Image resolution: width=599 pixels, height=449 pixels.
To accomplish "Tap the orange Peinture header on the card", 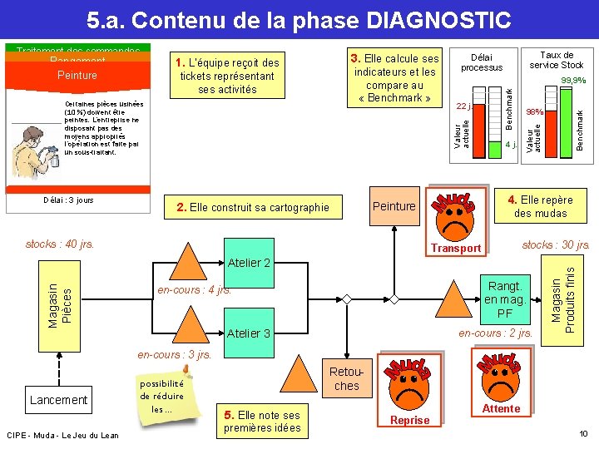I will (x=77, y=75).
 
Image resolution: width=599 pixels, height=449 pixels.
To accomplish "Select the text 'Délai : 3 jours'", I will (x=68, y=200).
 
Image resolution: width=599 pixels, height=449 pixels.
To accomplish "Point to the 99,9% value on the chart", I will (x=573, y=81).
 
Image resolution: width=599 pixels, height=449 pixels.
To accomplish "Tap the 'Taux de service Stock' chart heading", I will (x=557, y=60).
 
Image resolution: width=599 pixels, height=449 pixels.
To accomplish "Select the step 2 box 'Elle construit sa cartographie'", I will (x=253, y=207).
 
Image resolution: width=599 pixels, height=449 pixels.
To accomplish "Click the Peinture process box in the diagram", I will (x=394, y=205).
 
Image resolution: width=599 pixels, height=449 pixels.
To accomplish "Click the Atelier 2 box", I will (x=249, y=263).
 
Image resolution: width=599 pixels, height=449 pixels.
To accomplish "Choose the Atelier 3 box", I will (x=249, y=333).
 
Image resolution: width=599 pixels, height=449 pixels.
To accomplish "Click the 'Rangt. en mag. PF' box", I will (x=504, y=300).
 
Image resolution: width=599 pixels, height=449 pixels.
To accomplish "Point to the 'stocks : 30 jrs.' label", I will (x=556, y=244).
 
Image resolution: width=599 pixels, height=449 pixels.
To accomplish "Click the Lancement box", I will (x=58, y=400).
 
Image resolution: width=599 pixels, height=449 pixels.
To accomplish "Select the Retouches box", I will (x=346, y=379).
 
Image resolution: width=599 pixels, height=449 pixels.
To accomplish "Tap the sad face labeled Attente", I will (x=501, y=382).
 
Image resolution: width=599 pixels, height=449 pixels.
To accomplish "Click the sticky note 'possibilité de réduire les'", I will (x=161, y=396).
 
